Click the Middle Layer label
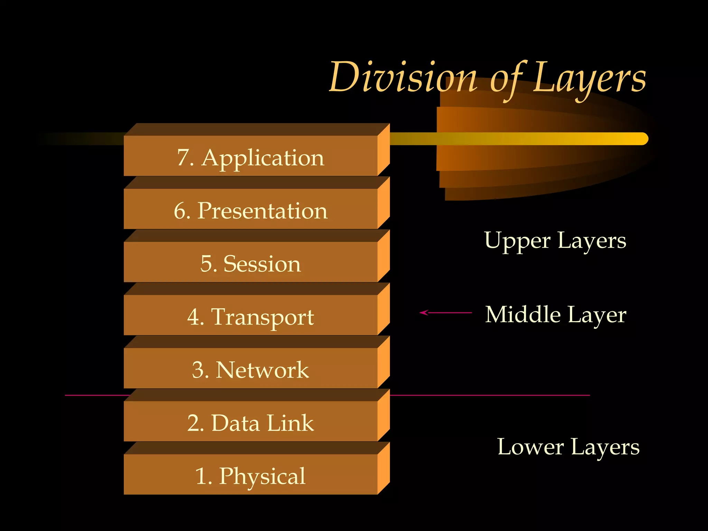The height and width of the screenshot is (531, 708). pyautogui.click(x=556, y=314)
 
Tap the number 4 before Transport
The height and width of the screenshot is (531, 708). pyautogui.click(x=193, y=317)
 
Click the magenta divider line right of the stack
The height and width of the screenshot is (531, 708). pyautogui.click(x=489, y=395)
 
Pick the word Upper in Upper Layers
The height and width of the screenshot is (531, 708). pyautogui.click(x=517, y=241)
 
